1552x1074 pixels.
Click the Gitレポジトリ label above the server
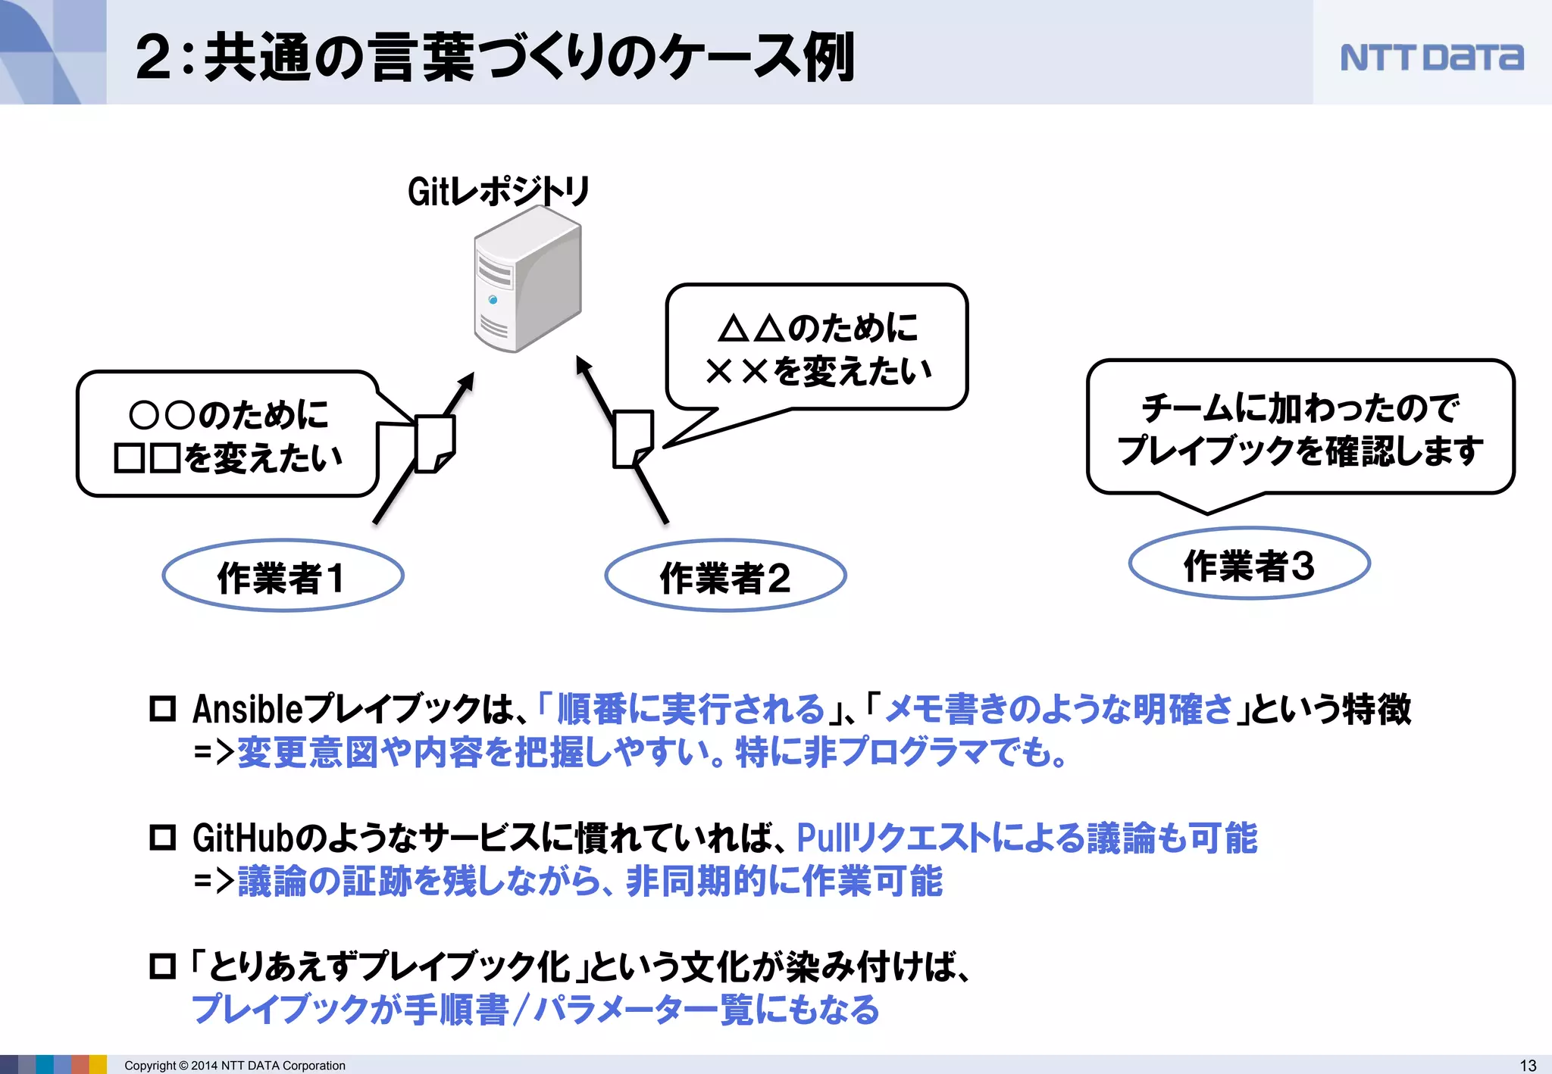point(498,191)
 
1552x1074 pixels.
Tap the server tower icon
point(527,280)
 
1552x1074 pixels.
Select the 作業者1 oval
point(283,576)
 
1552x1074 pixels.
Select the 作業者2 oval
point(725,576)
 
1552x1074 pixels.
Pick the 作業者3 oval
point(1249,564)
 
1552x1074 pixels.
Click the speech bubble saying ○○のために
point(227,436)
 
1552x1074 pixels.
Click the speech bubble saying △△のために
point(817,348)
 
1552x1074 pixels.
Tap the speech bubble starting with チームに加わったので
point(1300,428)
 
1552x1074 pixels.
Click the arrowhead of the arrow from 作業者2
point(583,366)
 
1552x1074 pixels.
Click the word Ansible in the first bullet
point(247,710)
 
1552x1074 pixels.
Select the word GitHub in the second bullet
point(242,838)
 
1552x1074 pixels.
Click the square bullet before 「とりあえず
point(162,966)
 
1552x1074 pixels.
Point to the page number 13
point(1528,1065)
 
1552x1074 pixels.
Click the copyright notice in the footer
point(235,1066)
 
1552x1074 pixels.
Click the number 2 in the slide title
point(154,58)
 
